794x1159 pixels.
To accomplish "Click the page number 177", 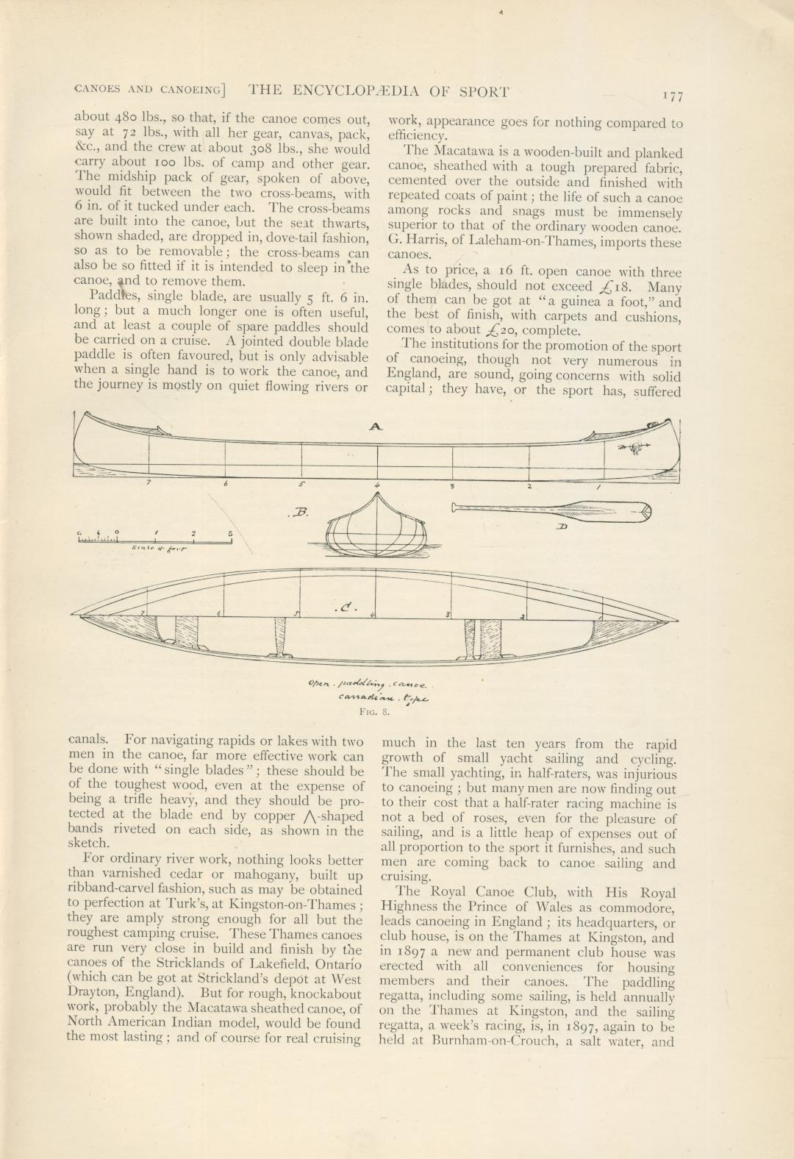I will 672,96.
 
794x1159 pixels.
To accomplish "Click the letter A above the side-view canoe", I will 376,427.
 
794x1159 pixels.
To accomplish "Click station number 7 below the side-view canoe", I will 149,483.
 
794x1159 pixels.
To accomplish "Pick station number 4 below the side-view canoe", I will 376,485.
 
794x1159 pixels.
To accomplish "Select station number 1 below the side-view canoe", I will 598,487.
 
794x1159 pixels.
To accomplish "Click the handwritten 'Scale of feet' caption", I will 159,549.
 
